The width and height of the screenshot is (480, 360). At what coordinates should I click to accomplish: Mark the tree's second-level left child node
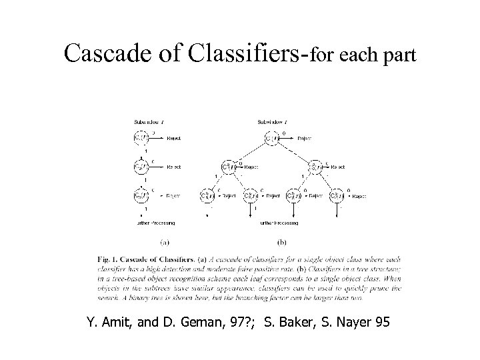(229, 167)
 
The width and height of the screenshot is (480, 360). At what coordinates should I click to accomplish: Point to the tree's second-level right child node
(314, 167)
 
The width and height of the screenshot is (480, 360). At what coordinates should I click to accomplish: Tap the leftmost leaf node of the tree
(207, 196)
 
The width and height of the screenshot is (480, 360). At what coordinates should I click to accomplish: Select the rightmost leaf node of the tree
(337, 196)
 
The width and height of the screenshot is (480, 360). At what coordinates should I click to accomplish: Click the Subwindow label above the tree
(271, 122)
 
